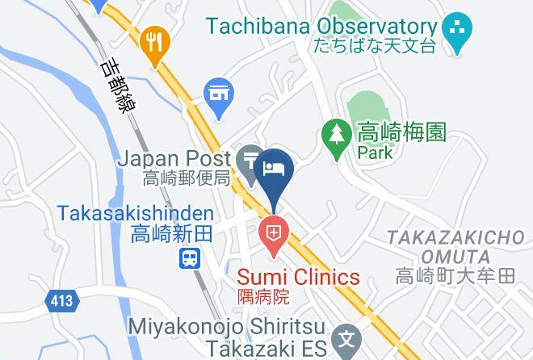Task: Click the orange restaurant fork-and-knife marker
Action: pyautogui.click(x=153, y=44)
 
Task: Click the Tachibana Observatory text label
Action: pyautogui.click(x=321, y=26)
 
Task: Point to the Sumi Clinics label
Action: pyautogui.click(x=298, y=277)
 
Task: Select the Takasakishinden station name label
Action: pyautogui.click(x=136, y=214)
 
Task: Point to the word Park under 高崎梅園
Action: pyautogui.click(x=376, y=152)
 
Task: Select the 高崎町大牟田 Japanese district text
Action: pyautogui.click(x=455, y=277)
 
